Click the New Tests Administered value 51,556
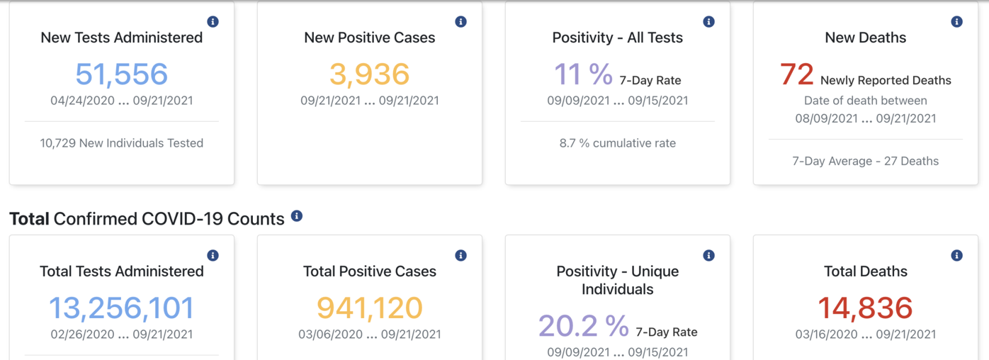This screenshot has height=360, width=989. [x=121, y=74]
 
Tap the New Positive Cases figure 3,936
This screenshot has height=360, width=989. [x=369, y=74]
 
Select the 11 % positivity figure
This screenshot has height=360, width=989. [x=583, y=74]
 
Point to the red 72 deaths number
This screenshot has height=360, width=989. [x=796, y=74]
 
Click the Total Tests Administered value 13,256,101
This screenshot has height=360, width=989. [x=121, y=308]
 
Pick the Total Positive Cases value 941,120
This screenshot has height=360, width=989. [x=369, y=308]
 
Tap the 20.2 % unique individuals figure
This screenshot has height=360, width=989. [x=583, y=325]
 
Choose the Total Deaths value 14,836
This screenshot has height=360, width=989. [x=865, y=308]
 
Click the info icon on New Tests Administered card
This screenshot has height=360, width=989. [x=213, y=22]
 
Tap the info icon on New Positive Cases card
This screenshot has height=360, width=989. [x=460, y=22]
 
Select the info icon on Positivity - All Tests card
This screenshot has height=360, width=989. [x=708, y=22]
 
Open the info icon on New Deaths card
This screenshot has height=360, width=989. [x=956, y=22]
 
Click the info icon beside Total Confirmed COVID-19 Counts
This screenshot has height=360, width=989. [x=297, y=215]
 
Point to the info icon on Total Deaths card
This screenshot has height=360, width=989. [x=956, y=255]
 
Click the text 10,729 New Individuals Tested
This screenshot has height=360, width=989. [x=121, y=143]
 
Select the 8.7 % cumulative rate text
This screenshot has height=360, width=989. [x=617, y=143]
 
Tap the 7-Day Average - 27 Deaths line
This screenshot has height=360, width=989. [x=865, y=161]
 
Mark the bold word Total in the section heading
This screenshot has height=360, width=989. [x=29, y=219]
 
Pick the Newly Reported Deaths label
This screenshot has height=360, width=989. [x=886, y=81]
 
